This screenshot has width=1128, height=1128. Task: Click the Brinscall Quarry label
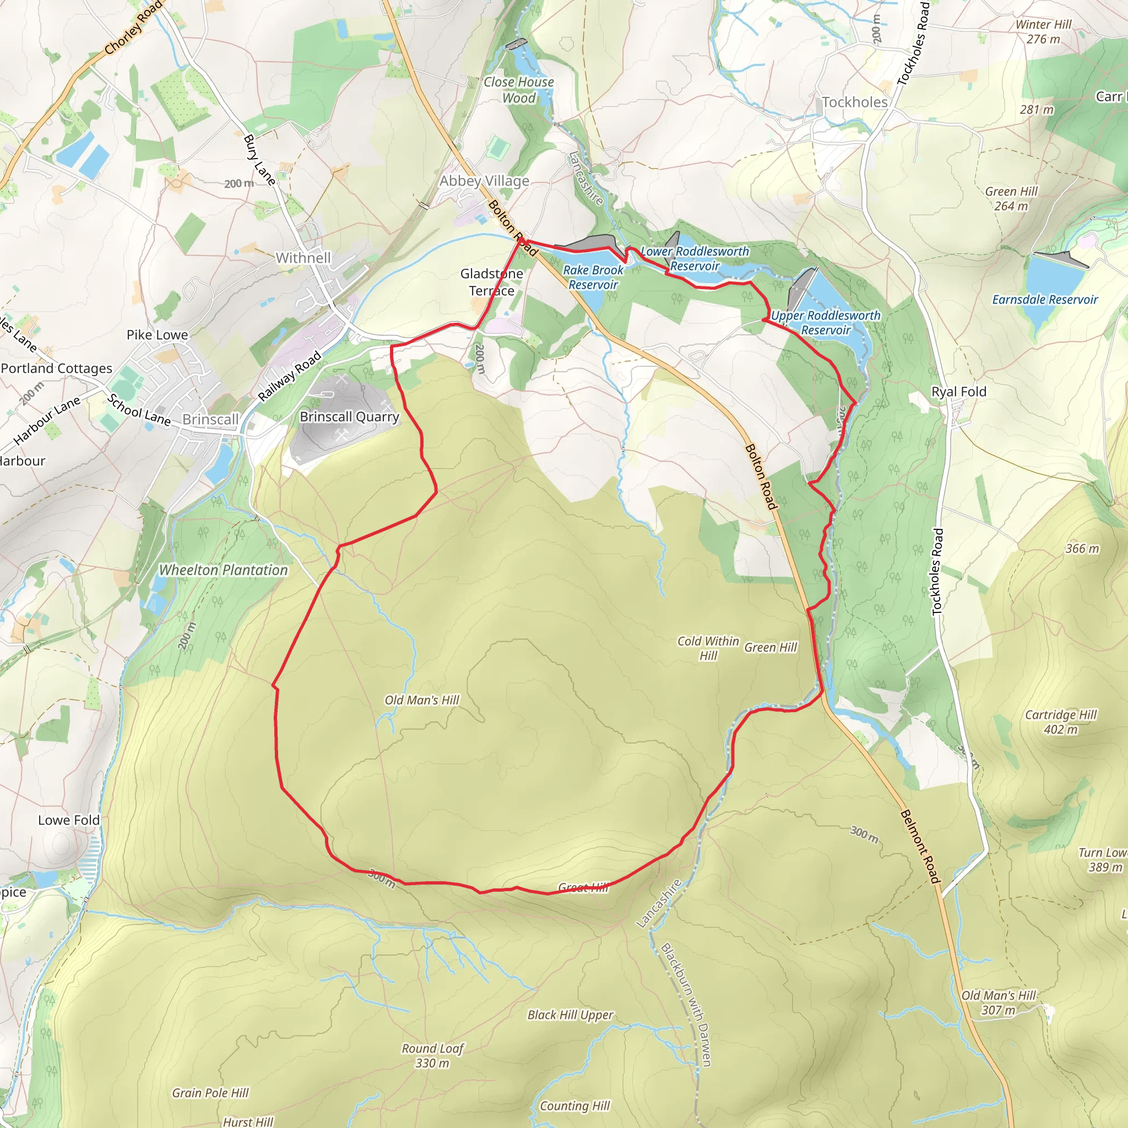349,417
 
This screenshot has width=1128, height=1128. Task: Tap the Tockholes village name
854,102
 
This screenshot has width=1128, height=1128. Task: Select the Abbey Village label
484,181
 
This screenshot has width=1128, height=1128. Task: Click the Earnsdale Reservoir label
1044,300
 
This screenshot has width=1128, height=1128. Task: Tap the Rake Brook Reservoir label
593,278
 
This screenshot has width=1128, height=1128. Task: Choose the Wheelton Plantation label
224,570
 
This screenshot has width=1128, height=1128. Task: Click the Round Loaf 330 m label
432,1056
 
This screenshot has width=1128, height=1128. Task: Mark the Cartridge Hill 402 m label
1061,722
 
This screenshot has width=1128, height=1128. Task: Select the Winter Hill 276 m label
1043,31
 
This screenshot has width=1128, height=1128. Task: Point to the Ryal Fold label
959,392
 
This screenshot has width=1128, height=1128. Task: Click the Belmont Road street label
920,846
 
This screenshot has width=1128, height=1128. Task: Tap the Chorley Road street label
133,28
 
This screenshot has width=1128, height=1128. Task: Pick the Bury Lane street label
259,160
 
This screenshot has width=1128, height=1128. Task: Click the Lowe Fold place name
69,820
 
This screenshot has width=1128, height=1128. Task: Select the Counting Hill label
574,1106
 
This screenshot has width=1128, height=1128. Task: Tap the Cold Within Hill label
708,648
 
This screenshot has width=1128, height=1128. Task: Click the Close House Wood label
518,90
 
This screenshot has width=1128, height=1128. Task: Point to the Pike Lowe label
157,335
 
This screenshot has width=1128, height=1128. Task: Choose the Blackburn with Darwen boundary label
686,1004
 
